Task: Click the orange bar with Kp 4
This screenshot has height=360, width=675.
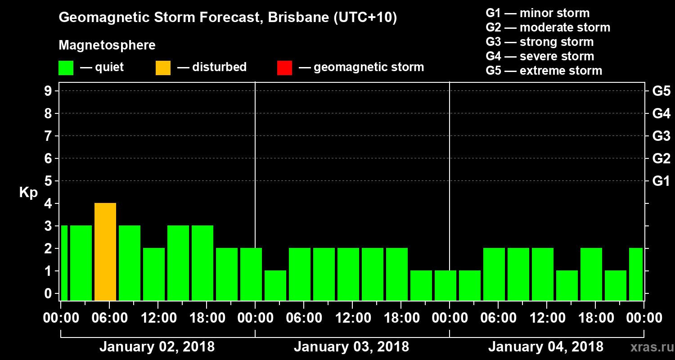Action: point(105,252)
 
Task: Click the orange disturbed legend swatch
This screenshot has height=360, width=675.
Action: point(163,67)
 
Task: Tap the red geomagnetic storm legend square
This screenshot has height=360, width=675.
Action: point(284,67)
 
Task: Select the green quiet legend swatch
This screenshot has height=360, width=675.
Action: point(66,67)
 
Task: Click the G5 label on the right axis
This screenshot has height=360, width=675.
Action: point(661,91)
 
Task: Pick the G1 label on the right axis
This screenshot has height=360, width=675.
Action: point(661,181)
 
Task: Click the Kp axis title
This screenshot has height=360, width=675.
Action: point(28,192)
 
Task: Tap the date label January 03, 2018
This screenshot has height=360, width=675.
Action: point(351,347)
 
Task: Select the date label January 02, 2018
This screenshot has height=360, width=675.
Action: point(157,347)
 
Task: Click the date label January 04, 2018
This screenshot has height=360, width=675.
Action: point(546,347)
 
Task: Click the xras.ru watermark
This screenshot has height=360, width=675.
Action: point(650,347)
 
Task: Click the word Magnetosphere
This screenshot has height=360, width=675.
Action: point(107,45)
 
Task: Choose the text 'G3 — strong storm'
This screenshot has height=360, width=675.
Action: point(540,42)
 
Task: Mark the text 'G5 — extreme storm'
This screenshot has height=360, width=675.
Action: point(544,71)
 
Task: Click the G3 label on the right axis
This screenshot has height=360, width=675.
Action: point(661,136)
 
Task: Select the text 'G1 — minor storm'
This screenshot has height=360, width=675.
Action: point(538,13)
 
